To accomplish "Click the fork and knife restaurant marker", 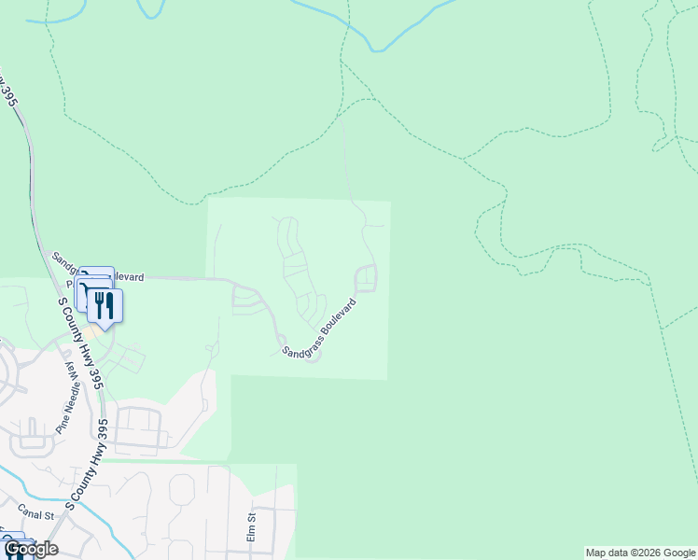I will tap(105, 304).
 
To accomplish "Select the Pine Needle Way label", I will tap(67, 398).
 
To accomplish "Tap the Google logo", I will tap(31, 549).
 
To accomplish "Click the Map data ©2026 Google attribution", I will tap(640, 553).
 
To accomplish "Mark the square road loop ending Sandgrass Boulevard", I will tap(366, 278).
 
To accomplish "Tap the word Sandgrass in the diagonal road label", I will tap(300, 342).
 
